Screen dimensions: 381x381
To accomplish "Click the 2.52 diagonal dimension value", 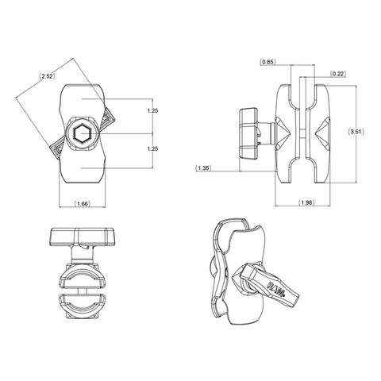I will (x=47, y=77).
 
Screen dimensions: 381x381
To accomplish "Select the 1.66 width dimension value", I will (x=81, y=205).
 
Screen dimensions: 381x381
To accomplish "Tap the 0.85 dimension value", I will (x=268, y=61).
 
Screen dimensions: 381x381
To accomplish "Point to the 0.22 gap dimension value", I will (x=339, y=74).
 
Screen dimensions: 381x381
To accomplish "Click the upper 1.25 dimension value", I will (x=154, y=111).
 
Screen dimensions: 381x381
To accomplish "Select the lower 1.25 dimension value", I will (x=154, y=148).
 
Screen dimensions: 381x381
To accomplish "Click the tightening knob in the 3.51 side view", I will (x=248, y=129).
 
